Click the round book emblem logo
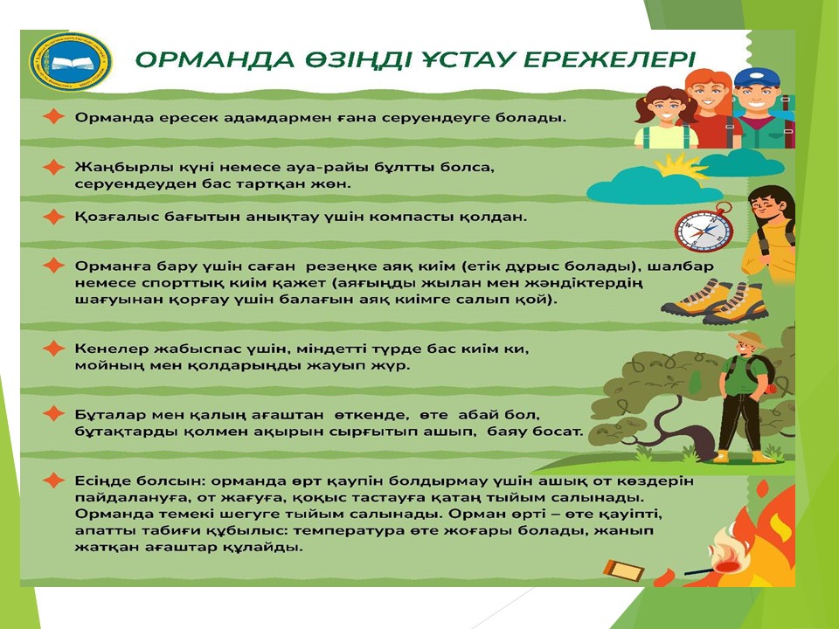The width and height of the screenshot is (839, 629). (x=70, y=63)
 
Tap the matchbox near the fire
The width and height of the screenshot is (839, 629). (x=624, y=570)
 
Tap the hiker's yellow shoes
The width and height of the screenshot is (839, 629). (x=741, y=456)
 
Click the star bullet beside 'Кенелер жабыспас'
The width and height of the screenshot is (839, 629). (x=53, y=349)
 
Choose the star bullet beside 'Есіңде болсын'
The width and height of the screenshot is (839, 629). (x=53, y=480)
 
